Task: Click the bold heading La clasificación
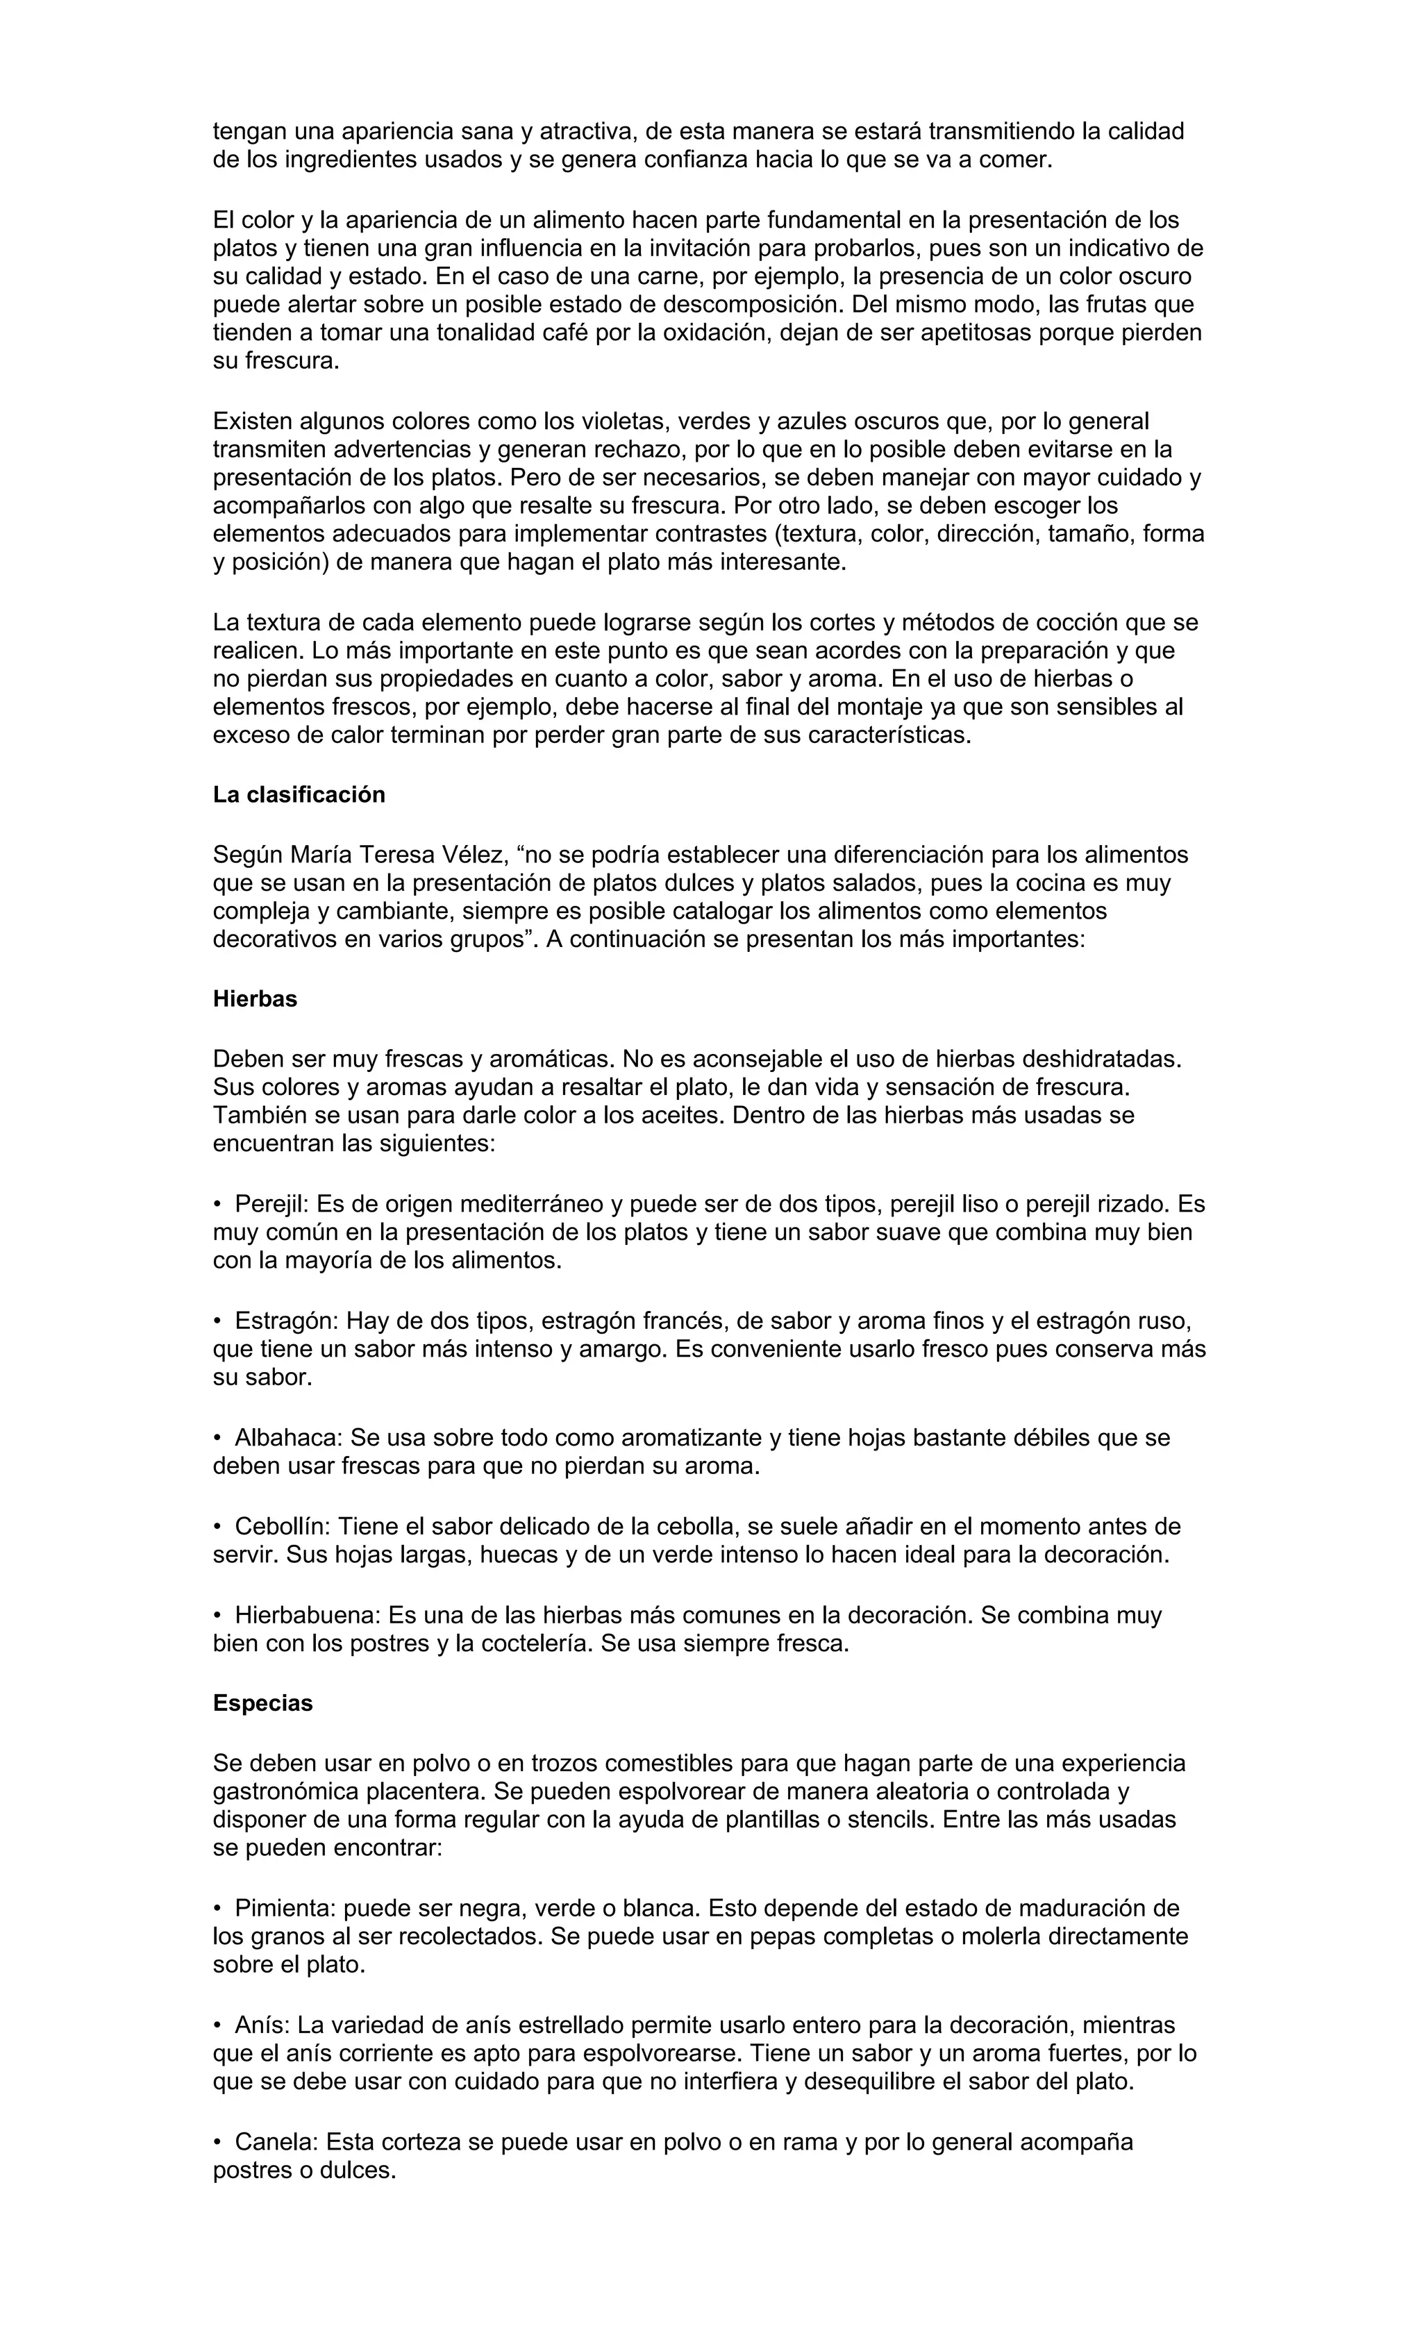pyautogui.click(x=299, y=794)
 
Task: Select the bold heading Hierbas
pyautogui.click(x=255, y=999)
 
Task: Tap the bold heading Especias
pyautogui.click(x=262, y=1703)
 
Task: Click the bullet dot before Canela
pyautogui.click(x=217, y=2143)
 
